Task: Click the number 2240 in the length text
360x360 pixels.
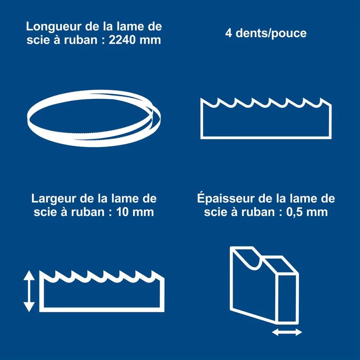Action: [121, 40]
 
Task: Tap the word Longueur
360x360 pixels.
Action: [54, 27]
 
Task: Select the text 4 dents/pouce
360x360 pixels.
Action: [265, 33]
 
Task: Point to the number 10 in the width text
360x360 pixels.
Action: [123, 212]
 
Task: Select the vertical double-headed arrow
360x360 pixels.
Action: [29, 291]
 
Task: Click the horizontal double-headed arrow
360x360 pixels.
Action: [287, 332]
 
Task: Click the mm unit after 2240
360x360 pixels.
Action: [150, 41]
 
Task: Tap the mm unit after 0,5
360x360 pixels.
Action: [317, 213]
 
